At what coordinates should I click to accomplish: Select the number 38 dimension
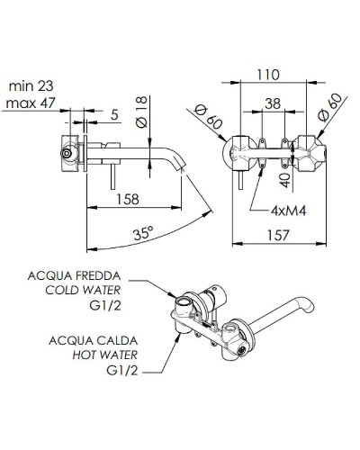tap(270, 105)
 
